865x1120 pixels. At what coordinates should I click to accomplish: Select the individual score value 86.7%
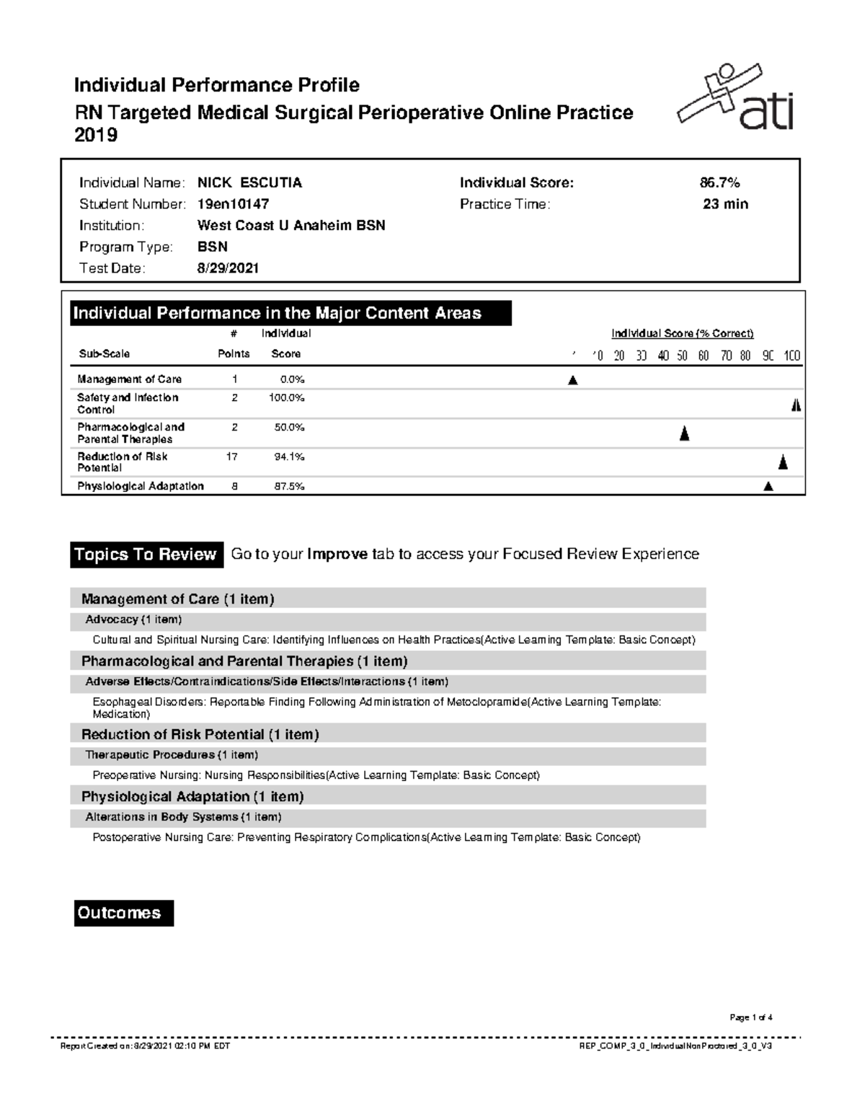tap(714, 183)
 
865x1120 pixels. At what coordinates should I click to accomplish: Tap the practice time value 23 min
tap(725, 204)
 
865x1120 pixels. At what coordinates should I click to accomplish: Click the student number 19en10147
tap(233, 204)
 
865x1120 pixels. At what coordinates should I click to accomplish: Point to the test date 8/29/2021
tap(228, 268)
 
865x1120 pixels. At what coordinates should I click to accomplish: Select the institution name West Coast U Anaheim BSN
tap(291, 226)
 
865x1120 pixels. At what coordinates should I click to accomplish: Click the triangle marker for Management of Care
tap(573, 380)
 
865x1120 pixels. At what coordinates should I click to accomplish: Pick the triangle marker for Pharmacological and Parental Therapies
tap(684, 433)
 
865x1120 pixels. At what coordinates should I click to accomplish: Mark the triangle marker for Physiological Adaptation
tap(768, 487)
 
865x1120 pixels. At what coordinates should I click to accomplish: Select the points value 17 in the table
tap(232, 457)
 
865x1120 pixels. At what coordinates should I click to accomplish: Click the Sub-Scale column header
tap(104, 354)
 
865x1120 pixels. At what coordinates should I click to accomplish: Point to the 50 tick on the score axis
tap(682, 356)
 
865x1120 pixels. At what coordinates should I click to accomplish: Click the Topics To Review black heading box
tap(146, 555)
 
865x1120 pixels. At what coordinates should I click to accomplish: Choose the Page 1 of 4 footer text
tap(750, 1018)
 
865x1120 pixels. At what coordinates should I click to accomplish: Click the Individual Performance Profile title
tap(216, 85)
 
